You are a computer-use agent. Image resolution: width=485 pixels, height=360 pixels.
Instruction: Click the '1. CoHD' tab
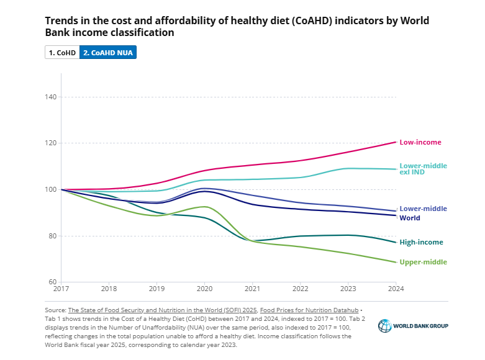[x=62, y=53]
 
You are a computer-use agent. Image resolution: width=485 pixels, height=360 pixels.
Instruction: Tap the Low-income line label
[x=420, y=142]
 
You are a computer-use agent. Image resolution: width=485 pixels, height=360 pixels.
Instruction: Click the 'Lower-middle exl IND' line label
[x=422, y=168]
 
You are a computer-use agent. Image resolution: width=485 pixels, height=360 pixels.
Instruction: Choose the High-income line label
[x=420, y=242]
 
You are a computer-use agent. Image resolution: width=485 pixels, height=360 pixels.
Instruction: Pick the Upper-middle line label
[x=422, y=262]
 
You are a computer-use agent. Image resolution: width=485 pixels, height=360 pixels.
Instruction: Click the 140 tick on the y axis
[x=51, y=97]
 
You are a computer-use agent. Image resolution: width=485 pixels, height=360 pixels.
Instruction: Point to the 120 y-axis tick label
[x=51, y=143]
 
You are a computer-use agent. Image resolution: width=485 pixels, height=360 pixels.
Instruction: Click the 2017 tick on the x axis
[x=61, y=289]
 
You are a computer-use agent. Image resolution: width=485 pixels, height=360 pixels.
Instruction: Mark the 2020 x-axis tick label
[x=204, y=289]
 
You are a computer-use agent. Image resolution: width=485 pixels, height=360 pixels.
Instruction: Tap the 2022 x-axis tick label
[x=300, y=289]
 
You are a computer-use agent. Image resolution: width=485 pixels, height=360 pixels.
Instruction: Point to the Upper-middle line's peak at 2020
[x=202, y=206]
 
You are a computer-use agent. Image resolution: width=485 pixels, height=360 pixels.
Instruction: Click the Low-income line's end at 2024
[x=396, y=142]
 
